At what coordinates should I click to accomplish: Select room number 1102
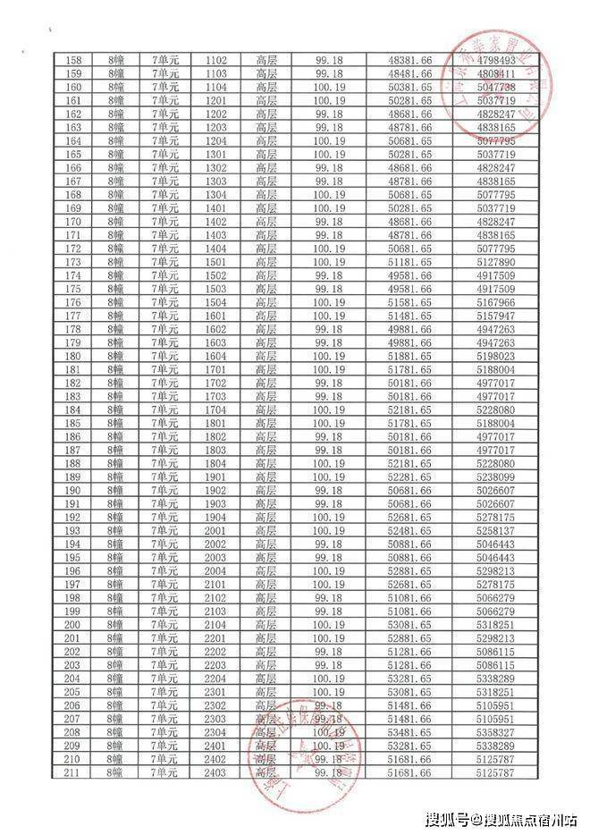coord(215,60)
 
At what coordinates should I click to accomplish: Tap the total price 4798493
coord(496,60)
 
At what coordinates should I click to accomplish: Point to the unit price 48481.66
coord(411,73)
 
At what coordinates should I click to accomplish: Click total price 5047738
coord(496,88)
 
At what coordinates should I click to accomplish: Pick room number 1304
coord(215,195)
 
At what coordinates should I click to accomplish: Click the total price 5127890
coord(496,262)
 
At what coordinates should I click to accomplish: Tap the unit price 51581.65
coord(411,302)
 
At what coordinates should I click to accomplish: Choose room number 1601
coord(215,316)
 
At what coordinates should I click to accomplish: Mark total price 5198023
coord(496,356)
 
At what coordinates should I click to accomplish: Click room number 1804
coord(215,463)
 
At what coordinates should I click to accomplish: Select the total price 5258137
coord(496,530)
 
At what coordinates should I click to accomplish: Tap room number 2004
coord(215,570)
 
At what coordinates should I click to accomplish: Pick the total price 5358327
coord(496,731)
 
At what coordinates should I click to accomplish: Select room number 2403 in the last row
coord(215,772)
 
